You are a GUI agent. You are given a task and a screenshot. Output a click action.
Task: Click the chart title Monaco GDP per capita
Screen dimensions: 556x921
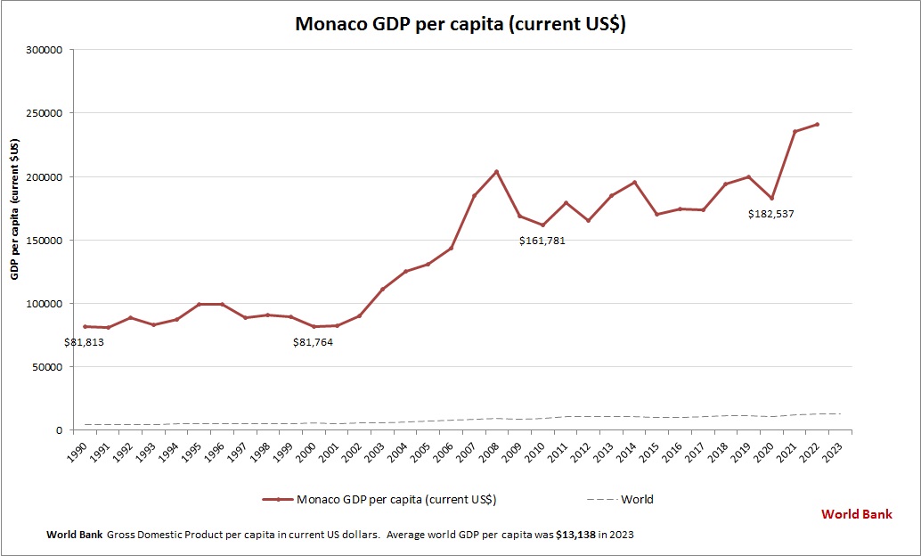(x=460, y=24)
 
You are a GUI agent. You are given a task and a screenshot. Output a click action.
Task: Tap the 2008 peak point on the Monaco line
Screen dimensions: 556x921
(x=497, y=172)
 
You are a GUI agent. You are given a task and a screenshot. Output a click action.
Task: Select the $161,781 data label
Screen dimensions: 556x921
(x=542, y=241)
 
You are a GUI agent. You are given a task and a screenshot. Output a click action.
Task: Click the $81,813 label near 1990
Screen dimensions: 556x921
(x=85, y=341)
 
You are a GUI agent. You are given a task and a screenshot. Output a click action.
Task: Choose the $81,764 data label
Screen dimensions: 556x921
(x=314, y=341)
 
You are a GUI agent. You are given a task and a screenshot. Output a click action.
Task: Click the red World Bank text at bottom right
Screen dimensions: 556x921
(x=856, y=514)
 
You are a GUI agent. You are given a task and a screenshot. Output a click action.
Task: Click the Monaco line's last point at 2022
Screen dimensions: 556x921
(x=817, y=125)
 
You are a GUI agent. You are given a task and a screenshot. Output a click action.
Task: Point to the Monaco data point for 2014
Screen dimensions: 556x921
(x=634, y=183)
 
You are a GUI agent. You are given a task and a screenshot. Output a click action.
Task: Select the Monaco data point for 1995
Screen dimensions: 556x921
(x=200, y=305)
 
